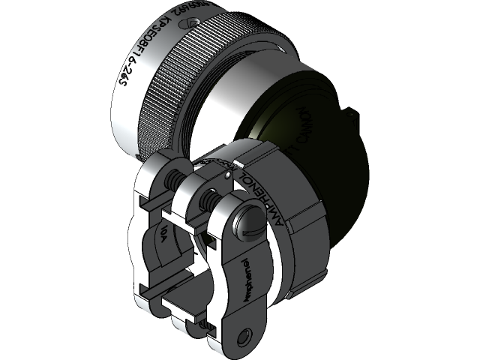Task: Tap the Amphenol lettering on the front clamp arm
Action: coord(248,281)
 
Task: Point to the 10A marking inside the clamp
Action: coord(163,236)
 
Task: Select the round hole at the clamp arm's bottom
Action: coord(243,334)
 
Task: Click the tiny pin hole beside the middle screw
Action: coord(226,176)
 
